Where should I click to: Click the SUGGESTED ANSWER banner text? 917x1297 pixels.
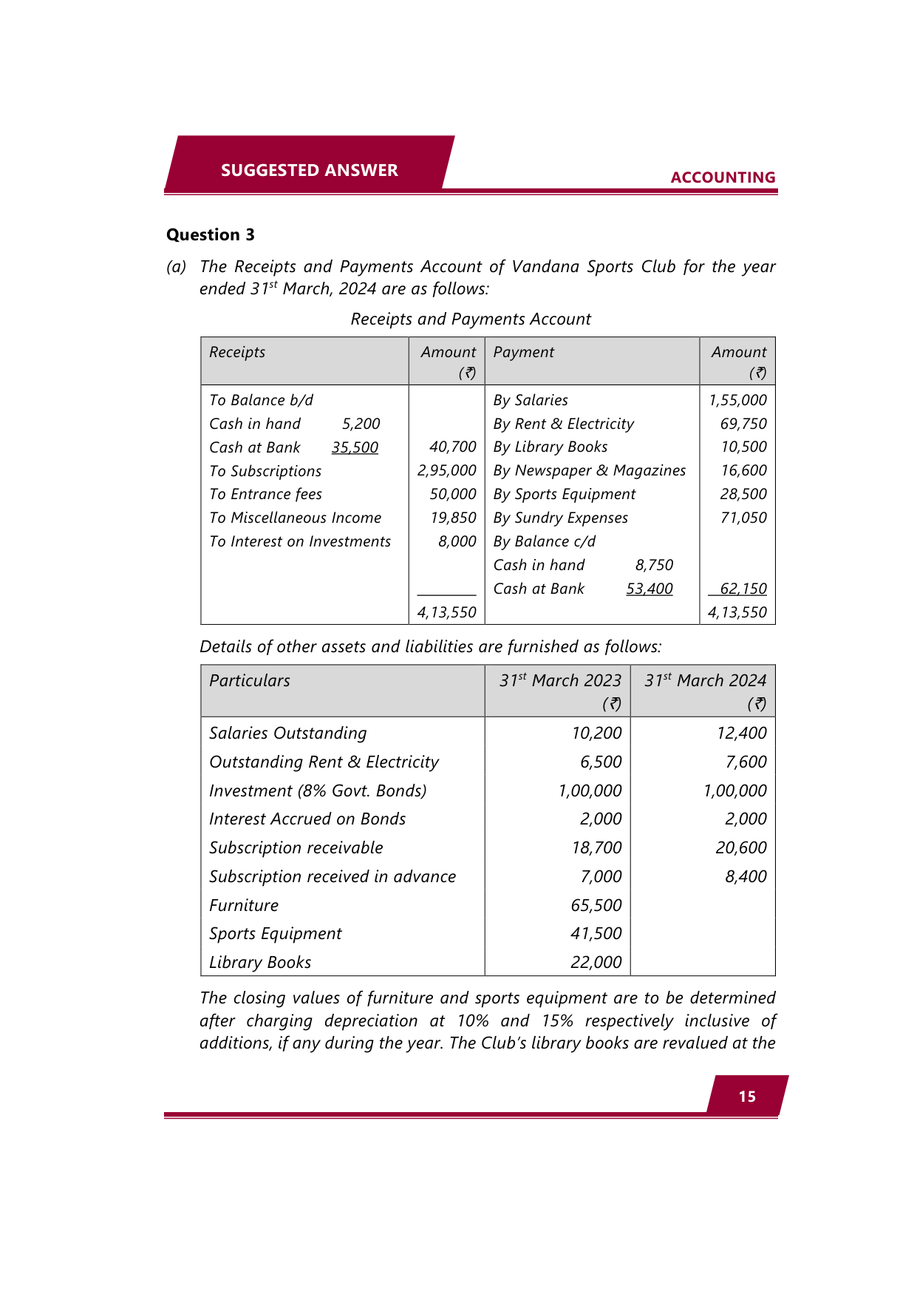(x=309, y=170)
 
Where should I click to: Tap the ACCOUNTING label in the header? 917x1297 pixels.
(x=723, y=177)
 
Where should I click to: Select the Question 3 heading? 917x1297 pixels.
(x=211, y=235)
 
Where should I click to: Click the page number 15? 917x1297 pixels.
(x=747, y=1097)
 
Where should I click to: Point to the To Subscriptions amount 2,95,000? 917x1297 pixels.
(x=446, y=471)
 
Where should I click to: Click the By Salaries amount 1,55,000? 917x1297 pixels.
(x=737, y=400)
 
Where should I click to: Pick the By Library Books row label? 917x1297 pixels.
(x=550, y=447)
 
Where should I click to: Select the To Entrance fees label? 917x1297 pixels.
(x=265, y=494)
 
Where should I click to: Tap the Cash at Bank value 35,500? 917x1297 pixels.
(x=355, y=447)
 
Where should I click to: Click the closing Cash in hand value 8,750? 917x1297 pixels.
(x=654, y=565)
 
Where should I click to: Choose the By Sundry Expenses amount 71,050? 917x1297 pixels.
(x=743, y=518)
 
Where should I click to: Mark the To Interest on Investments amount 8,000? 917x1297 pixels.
(x=457, y=541)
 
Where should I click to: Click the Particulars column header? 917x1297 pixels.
(x=250, y=681)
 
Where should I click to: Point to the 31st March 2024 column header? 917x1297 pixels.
(x=705, y=681)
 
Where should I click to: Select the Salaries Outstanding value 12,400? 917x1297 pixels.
(x=741, y=733)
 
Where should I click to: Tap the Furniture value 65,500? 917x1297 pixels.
(x=596, y=905)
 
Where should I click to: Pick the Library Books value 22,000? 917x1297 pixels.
(x=596, y=963)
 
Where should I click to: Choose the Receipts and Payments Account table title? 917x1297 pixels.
(x=471, y=319)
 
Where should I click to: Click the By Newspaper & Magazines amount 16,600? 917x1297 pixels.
(x=743, y=471)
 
